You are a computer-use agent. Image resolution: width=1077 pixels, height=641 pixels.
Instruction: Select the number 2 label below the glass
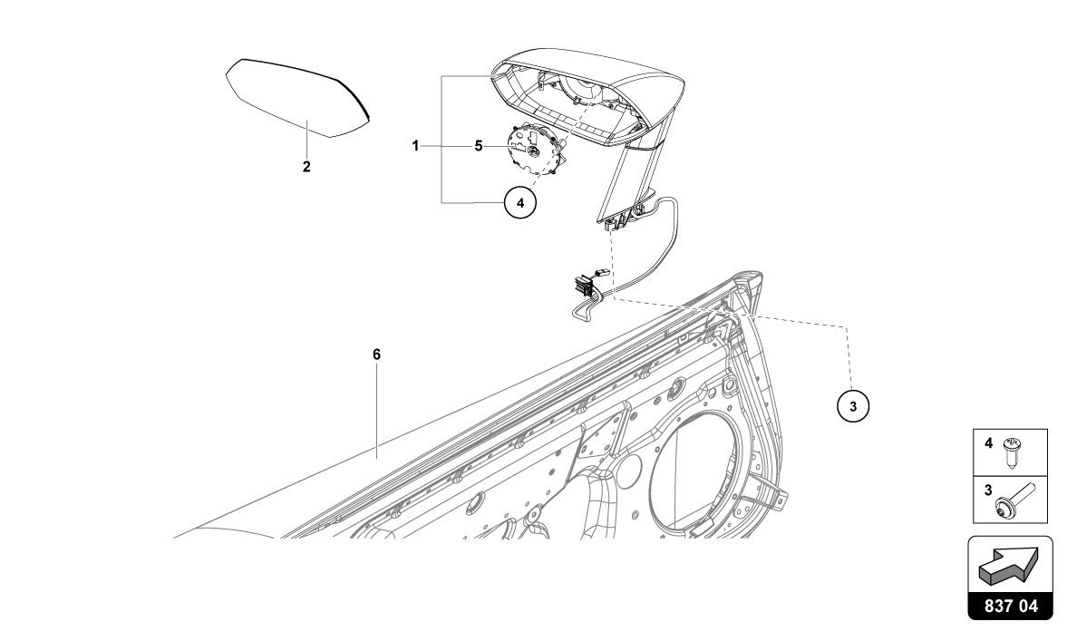[306, 167]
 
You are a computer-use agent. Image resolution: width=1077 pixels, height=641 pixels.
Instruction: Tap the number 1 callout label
[415, 145]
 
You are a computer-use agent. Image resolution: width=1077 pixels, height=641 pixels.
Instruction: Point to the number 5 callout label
[478, 145]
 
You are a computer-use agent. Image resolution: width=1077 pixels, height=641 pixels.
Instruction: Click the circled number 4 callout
[519, 203]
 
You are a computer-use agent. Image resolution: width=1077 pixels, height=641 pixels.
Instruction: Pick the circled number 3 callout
[852, 405]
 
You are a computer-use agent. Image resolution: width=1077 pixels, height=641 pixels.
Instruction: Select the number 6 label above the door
[376, 354]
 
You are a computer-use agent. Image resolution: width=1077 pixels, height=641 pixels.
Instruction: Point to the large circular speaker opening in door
[703, 471]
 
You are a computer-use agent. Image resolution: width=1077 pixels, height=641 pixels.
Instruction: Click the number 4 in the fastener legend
[988, 443]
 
